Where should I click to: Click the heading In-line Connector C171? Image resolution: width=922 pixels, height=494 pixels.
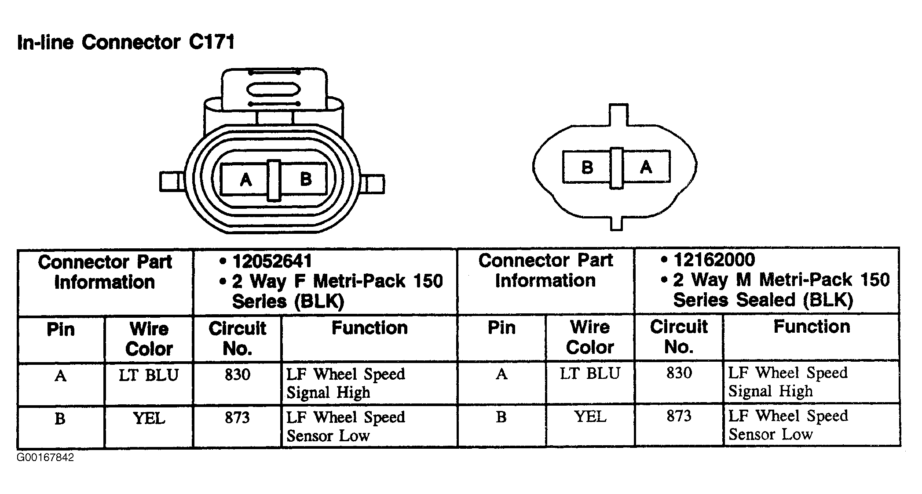coord(126,42)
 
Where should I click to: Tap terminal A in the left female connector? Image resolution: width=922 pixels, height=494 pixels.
coord(245,179)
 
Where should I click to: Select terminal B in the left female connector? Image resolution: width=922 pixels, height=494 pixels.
coord(305,179)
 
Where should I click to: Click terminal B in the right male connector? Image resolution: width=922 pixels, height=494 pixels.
coord(587,167)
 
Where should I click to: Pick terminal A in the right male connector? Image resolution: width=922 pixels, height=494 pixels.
coord(646,167)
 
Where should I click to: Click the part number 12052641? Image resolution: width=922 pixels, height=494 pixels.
coord(272,261)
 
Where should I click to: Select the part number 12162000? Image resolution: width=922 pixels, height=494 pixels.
coord(714,260)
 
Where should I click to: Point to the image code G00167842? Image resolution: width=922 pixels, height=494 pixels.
coord(45,458)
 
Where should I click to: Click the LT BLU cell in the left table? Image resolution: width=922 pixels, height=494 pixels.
coord(149,375)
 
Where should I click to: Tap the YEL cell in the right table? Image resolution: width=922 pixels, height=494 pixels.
coord(590,416)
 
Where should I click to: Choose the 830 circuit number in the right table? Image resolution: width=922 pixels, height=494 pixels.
coord(679,373)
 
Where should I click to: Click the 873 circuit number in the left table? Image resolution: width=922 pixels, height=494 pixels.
coord(238,418)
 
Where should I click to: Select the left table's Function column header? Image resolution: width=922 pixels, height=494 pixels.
coord(370,328)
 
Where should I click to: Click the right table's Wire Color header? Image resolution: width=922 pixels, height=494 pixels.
coord(590,338)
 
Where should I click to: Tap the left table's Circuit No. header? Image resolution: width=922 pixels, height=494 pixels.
coord(238,338)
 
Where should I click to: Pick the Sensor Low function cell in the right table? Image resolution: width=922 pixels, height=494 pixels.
coord(788,425)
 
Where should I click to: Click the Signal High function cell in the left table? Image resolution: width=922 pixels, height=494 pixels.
coord(346,383)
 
